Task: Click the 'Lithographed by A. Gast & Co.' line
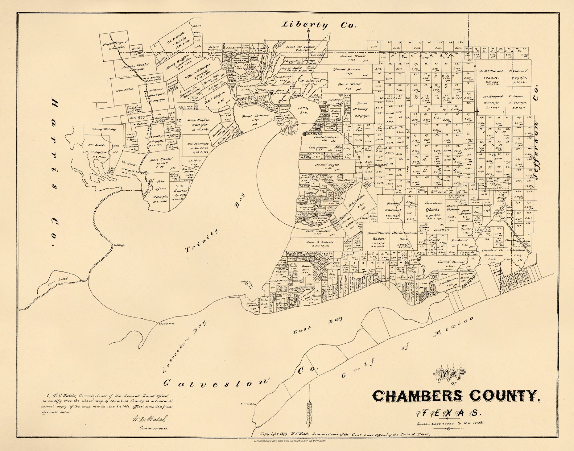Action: [288, 441]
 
